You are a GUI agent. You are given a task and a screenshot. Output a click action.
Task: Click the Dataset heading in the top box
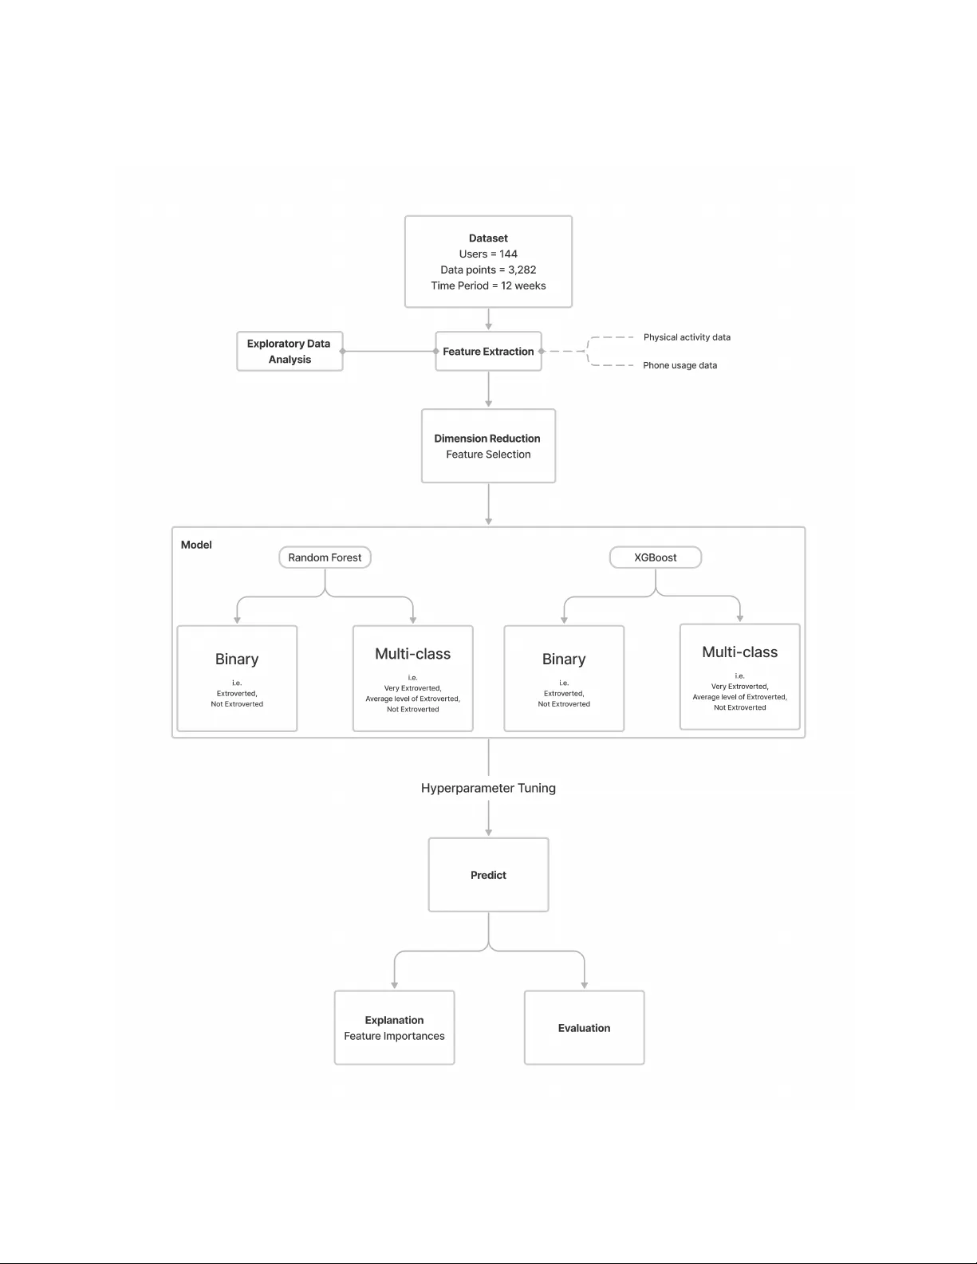[488, 238]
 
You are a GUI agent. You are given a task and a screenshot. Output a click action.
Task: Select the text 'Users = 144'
[488, 254]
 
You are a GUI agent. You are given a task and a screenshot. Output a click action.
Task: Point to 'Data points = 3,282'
[488, 270]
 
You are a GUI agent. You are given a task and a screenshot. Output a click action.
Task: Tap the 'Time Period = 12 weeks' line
[488, 286]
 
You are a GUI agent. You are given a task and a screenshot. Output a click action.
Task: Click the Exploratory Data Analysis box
[290, 352]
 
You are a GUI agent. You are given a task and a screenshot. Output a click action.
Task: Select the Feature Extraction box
[488, 352]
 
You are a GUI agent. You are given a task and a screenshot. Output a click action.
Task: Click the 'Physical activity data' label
[687, 337]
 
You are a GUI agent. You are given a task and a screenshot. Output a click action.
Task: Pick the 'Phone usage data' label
[680, 365]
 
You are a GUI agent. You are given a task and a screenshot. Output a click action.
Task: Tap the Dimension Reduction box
[488, 446]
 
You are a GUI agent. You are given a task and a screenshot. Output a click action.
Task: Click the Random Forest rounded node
[325, 557]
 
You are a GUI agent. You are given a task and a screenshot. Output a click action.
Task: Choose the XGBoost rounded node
[655, 557]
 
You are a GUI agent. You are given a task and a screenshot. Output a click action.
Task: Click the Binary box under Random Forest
[237, 678]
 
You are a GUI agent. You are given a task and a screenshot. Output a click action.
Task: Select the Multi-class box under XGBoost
[739, 676]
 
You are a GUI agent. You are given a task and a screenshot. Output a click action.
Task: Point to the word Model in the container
[196, 545]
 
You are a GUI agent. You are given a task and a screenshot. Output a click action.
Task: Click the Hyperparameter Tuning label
[488, 788]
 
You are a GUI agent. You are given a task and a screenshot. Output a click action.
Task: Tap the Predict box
[488, 875]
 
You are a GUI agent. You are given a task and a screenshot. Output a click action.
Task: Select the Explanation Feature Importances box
[394, 1028]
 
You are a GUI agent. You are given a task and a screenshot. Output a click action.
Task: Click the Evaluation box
[584, 1028]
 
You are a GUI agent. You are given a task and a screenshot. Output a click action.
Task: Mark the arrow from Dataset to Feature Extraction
[488, 319]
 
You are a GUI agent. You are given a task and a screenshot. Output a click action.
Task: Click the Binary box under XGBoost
[564, 678]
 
